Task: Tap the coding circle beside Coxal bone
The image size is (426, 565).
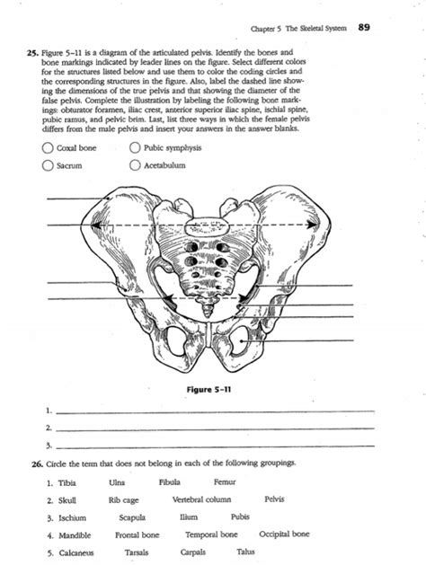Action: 47,148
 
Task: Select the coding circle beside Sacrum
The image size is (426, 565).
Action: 47,164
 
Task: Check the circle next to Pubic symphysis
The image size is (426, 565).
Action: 136,148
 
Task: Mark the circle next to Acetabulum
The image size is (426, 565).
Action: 136,164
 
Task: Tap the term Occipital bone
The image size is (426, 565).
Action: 284,534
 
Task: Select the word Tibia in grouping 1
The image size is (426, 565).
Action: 65,482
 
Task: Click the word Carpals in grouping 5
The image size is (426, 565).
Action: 192,552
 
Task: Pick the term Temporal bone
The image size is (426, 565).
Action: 210,534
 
